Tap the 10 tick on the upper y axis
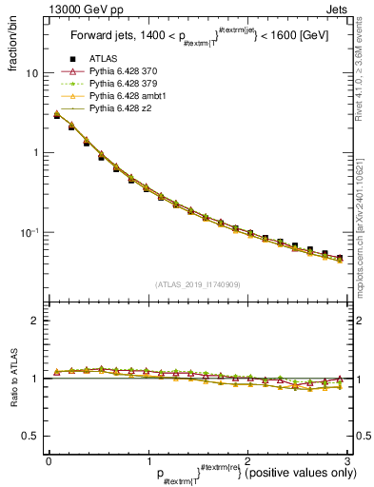pyautogui.click(x=31, y=73)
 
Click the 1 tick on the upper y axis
pyautogui.click(x=34, y=153)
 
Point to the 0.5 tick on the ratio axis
pyautogui.click(x=30, y=436)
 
